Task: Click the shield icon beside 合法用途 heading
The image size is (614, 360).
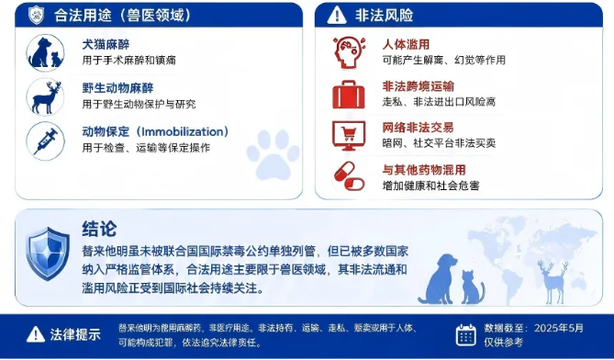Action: point(36,16)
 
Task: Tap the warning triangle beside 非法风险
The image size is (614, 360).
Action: point(337,16)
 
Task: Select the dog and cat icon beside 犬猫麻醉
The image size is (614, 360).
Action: point(45,53)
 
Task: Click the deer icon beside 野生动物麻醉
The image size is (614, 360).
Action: point(45,96)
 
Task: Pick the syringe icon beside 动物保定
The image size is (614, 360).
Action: point(45,141)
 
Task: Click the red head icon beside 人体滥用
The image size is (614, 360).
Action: point(349,52)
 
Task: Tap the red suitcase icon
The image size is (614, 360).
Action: point(349,95)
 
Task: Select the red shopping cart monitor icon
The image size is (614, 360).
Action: point(349,136)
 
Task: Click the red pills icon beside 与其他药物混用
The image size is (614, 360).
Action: point(349,176)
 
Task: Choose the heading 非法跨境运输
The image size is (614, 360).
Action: point(419,86)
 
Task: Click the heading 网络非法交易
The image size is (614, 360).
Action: point(419,128)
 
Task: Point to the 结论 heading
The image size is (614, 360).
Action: point(99,229)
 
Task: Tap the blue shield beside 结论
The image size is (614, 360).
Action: point(48,253)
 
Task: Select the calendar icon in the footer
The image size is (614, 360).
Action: point(466,335)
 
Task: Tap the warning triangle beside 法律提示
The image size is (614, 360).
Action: point(36,334)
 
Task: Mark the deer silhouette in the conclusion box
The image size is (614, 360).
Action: point(553,282)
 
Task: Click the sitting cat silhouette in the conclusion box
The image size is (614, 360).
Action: point(473,287)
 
